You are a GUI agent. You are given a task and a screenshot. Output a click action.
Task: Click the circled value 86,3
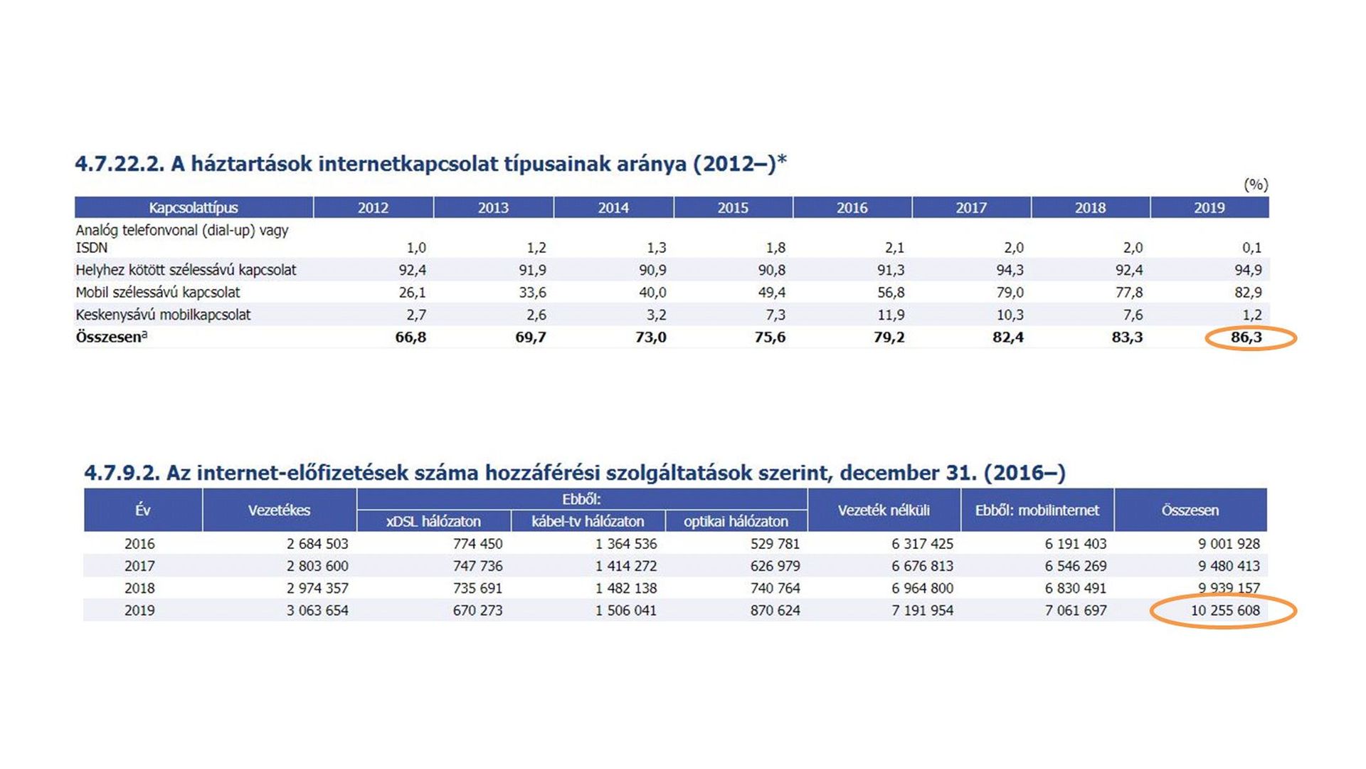(1246, 338)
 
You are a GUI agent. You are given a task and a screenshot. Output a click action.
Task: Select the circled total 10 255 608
(1225, 610)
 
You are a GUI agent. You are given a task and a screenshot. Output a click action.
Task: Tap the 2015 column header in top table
(733, 208)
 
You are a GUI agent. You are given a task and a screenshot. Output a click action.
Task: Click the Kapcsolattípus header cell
(194, 208)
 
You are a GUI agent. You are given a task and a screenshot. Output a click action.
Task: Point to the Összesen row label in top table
(111, 338)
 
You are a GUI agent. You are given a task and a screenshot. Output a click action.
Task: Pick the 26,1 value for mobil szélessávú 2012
(413, 293)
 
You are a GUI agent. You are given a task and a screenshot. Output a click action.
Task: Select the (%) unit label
(1256, 185)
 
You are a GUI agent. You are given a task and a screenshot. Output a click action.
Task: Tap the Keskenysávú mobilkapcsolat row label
(164, 315)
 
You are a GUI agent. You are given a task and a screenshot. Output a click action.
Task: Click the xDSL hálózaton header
(433, 521)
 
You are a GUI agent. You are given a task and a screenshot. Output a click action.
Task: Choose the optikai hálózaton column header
(736, 521)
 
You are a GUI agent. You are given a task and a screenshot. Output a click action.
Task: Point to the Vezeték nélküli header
(884, 510)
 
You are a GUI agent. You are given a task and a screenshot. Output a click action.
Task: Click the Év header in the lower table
(143, 510)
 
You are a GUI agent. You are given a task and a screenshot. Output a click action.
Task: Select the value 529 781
(775, 544)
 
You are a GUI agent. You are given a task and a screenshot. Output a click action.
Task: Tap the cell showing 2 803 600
(317, 566)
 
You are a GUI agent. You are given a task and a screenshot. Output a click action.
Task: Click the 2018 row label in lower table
(139, 588)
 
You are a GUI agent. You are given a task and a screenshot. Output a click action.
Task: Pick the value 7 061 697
(1076, 610)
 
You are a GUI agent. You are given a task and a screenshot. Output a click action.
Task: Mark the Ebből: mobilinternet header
(1037, 510)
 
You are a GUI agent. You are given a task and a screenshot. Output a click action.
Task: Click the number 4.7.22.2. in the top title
(120, 164)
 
